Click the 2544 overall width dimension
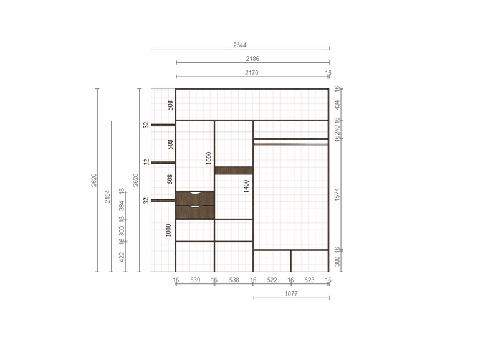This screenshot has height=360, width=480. pyautogui.click(x=240, y=45)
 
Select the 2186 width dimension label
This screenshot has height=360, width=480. pyautogui.click(x=252, y=59)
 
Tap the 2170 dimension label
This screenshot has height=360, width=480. pyautogui.click(x=252, y=73)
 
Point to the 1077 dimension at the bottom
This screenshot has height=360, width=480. pyautogui.click(x=291, y=294)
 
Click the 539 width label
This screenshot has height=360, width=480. pyautogui.click(x=195, y=280)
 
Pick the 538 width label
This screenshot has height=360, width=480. pyautogui.click(x=234, y=280)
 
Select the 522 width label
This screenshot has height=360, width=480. pyautogui.click(x=272, y=280)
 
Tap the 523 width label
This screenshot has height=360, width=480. pyautogui.click(x=309, y=280)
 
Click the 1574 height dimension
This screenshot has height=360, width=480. pyautogui.click(x=337, y=194)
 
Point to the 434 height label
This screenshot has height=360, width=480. pyautogui.click(x=337, y=105)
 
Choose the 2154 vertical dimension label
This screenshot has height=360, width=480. pyautogui.click(x=107, y=196)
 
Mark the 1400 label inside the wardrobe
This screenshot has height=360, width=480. pyautogui.click(x=246, y=186)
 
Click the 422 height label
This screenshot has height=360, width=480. pyautogui.click(x=122, y=257)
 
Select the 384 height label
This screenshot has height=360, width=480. pyautogui.click(x=122, y=206)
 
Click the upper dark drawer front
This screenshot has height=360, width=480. pyautogui.click(x=195, y=199)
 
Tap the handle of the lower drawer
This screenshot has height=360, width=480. pyautogui.click(x=195, y=207)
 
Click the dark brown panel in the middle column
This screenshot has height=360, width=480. pyautogui.click(x=234, y=171)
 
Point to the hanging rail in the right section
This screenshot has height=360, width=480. pyautogui.click(x=291, y=143)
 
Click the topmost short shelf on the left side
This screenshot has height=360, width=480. pyautogui.click(x=163, y=125)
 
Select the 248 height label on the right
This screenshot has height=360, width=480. pyautogui.click(x=337, y=130)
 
